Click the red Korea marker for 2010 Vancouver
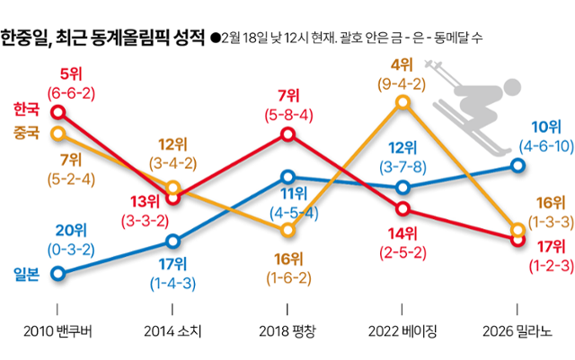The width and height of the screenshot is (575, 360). coord(58,112)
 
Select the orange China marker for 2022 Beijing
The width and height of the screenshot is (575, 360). coord(402,103)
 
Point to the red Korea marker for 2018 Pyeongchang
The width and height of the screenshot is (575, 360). coord(288,134)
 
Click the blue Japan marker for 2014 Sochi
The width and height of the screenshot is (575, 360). coord(173,241)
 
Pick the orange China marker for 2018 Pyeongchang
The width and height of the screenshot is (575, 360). coord(288,231)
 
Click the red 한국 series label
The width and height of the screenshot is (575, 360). coord(27,110)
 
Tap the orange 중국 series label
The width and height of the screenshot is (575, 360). coord(27,132)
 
